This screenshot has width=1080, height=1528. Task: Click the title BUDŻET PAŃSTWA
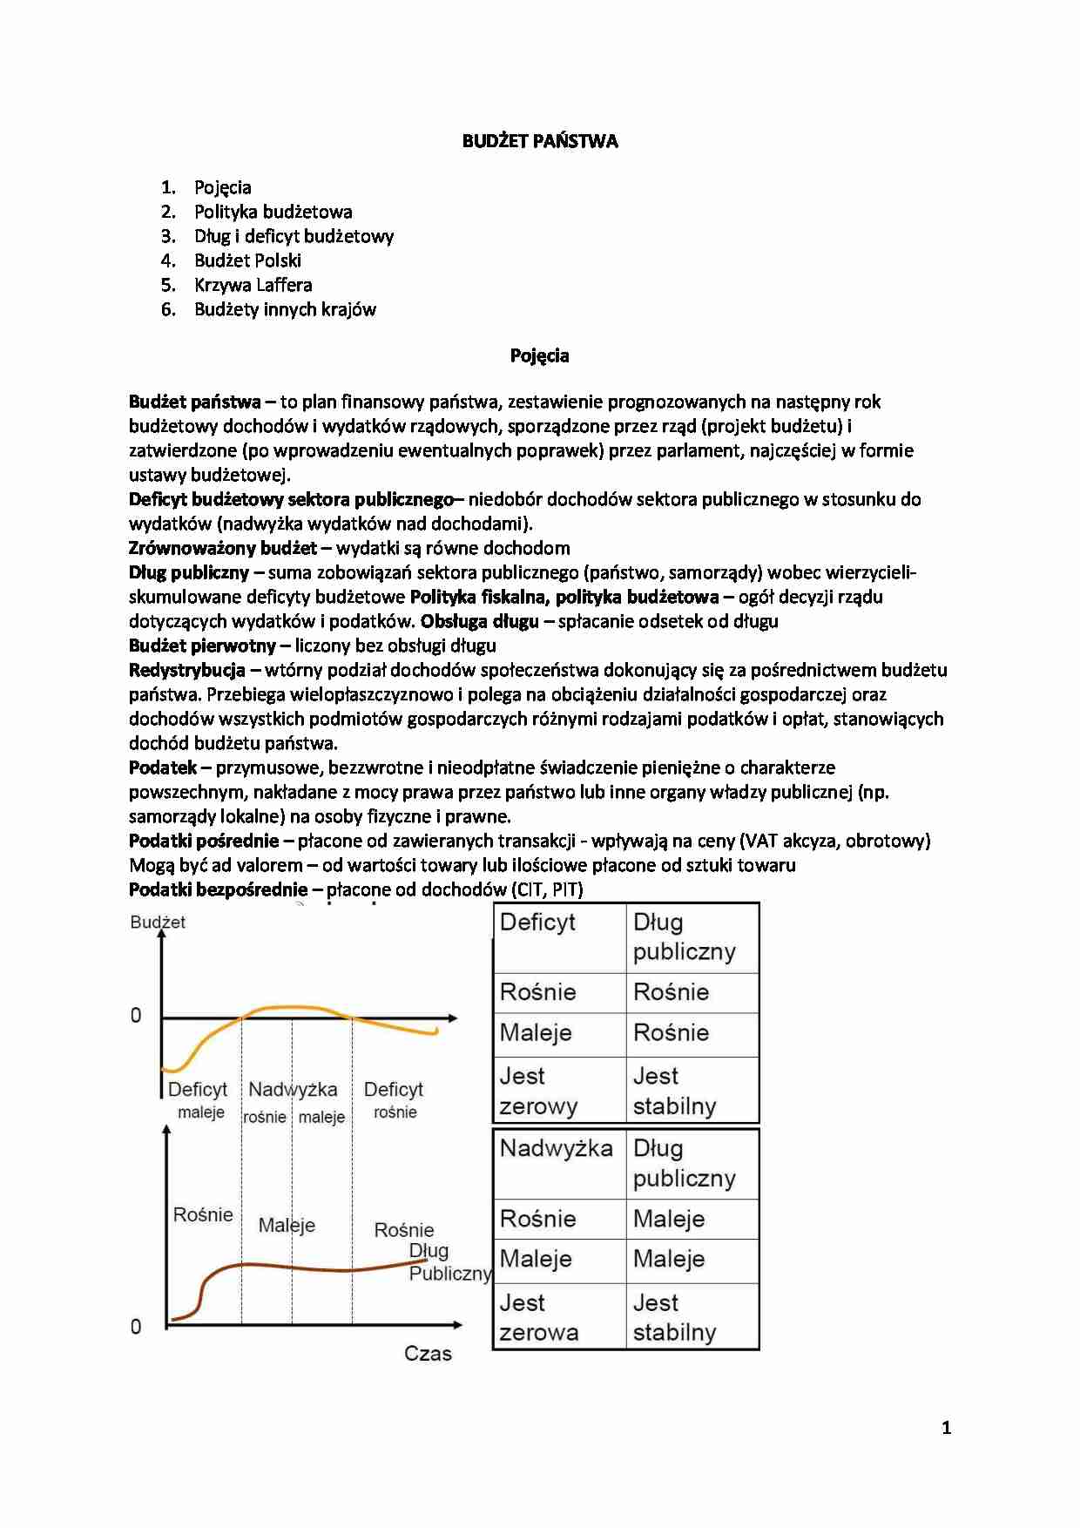[539, 141]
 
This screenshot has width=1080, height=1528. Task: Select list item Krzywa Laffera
[253, 285]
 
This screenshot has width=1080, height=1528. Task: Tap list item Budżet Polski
[247, 260]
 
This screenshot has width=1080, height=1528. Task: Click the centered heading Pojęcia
[539, 355]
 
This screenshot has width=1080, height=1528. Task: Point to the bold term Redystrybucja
[186, 670]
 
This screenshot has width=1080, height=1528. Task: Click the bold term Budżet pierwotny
[202, 646]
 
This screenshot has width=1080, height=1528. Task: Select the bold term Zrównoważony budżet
[223, 548]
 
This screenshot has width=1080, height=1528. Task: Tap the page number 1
[946, 1428]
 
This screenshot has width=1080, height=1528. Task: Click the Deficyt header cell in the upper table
[538, 923]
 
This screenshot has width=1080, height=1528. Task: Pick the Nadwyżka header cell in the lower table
[556, 1148]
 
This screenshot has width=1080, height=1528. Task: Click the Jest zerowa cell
[538, 1317]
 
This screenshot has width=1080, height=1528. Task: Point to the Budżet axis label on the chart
[158, 923]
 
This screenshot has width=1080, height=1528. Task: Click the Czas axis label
[428, 1354]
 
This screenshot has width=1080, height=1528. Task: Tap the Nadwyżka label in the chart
[293, 1089]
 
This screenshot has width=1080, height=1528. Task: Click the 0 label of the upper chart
[136, 1016]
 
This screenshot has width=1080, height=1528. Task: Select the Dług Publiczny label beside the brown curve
[447, 1262]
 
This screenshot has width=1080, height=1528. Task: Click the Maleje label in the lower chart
[287, 1225]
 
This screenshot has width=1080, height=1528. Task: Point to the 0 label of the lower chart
[136, 1327]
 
